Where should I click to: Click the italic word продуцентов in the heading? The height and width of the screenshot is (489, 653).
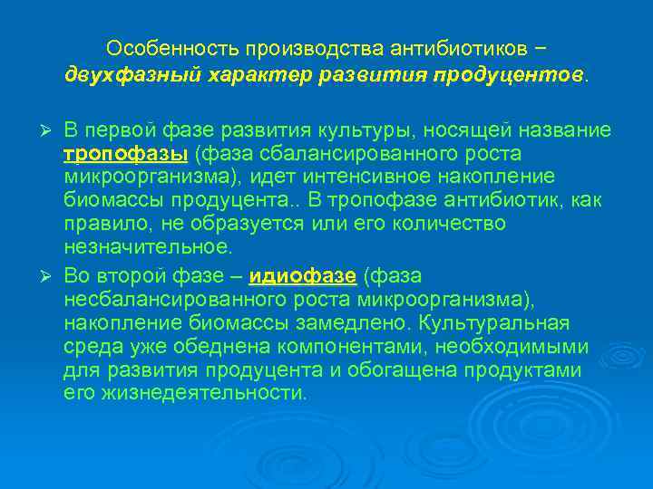click(x=509, y=73)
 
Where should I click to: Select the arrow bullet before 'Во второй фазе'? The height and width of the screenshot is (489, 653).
click(x=52, y=275)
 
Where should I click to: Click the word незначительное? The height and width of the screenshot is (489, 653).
click(x=146, y=245)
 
